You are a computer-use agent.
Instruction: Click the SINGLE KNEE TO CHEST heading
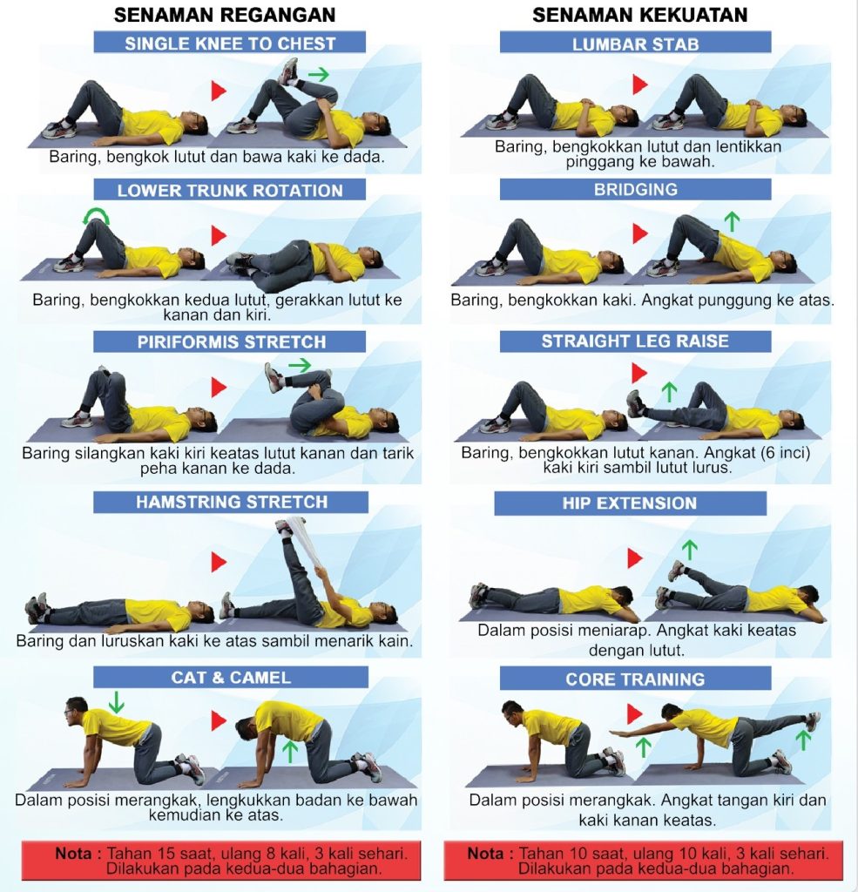point(230,44)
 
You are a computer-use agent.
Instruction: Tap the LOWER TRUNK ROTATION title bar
point(230,190)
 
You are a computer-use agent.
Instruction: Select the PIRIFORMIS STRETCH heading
point(230,341)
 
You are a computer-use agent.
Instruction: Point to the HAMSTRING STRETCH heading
point(231,502)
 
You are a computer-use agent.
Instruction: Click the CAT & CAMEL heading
point(231,677)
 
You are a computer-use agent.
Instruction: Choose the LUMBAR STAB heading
point(636,44)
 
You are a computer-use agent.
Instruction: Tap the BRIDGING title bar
point(636,189)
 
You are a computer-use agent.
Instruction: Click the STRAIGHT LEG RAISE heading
point(636,341)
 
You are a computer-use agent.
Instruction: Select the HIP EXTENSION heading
point(630,503)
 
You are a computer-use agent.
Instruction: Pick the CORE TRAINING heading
point(636,679)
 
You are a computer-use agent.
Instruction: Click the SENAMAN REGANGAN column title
point(225,15)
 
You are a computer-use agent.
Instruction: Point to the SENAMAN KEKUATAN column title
point(640,15)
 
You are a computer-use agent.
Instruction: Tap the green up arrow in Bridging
point(733,222)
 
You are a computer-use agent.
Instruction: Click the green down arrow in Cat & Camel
point(117,702)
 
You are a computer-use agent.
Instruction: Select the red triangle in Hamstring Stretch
point(219,562)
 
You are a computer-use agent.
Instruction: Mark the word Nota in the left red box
point(73,854)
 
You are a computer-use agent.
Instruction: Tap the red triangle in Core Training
point(635,714)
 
